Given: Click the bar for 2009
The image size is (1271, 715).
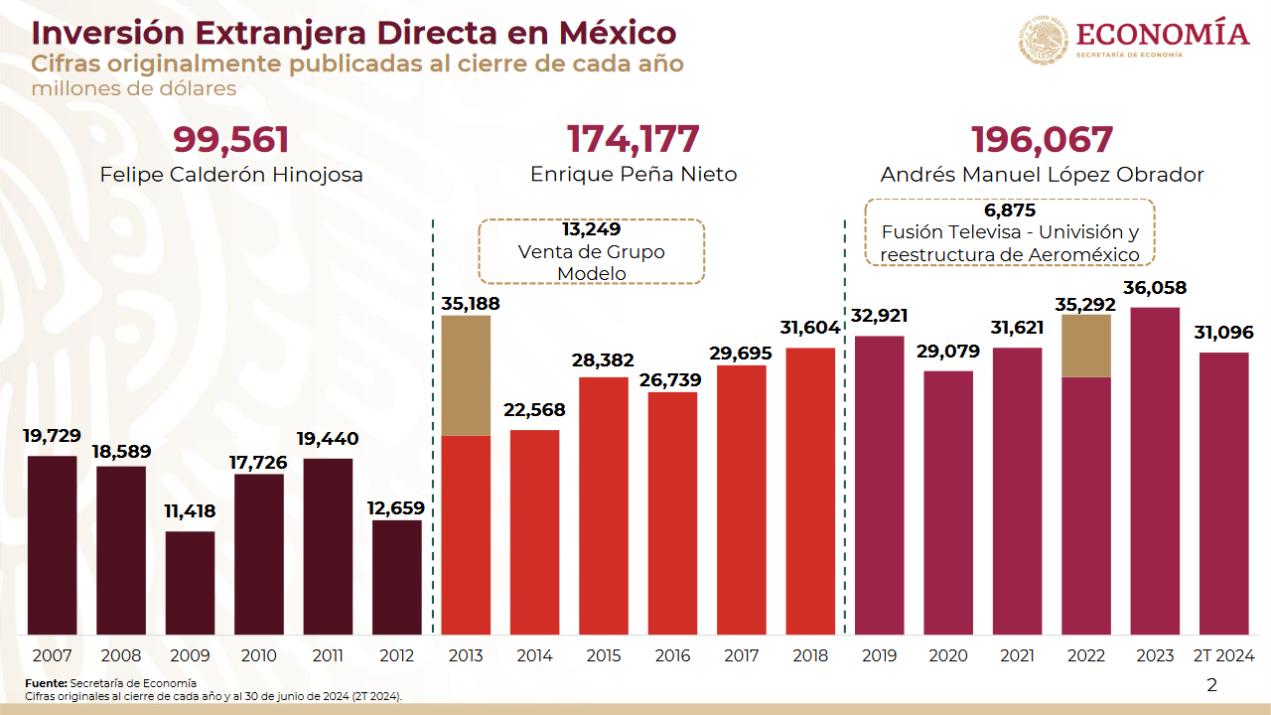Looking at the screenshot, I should click(190, 583).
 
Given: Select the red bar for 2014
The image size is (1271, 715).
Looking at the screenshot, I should click(534, 532).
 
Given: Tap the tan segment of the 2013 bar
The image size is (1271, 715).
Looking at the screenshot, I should click(466, 375).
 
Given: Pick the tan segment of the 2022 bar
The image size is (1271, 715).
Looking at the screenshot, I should click(1086, 346).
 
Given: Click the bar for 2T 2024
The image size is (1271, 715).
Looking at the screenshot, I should click(1224, 494).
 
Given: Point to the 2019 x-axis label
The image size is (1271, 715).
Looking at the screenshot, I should click(879, 655).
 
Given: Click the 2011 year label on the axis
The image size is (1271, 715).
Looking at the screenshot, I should click(328, 655).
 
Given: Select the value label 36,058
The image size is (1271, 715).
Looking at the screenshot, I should click(1155, 289).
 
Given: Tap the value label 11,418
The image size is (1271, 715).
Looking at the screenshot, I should click(190, 512).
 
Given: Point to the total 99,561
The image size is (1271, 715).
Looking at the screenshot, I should click(231, 140).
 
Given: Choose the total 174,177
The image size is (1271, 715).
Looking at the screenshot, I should click(634, 140).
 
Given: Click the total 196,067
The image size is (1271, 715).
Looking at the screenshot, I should click(1042, 140).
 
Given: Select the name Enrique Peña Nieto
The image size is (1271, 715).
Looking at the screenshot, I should click(634, 175).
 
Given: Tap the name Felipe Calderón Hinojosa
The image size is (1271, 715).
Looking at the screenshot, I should click(231, 175).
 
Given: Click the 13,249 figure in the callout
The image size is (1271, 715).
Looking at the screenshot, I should click(591, 229).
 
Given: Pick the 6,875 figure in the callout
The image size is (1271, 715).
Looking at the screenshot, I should click(1010, 211).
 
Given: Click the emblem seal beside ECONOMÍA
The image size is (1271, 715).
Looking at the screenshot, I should click(1043, 40).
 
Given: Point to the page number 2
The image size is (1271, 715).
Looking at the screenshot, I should click(1211, 684).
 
